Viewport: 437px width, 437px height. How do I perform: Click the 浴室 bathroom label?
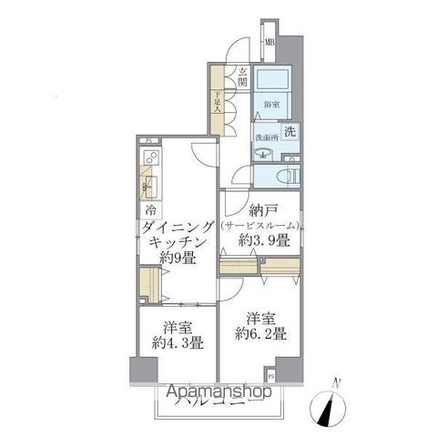point(270,106)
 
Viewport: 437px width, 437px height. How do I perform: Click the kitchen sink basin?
point(148,188)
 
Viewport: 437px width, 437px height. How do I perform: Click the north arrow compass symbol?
point(327,404)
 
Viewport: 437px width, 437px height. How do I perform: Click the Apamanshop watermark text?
point(218,393)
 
